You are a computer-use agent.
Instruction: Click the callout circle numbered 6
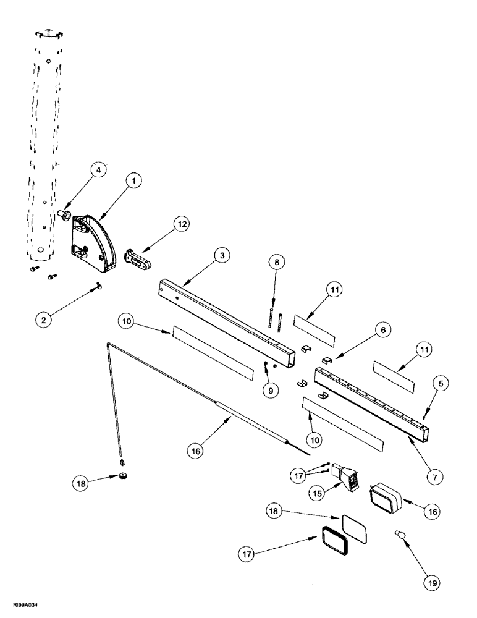[x=382, y=332]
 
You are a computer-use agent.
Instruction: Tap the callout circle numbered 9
[x=272, y=391]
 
